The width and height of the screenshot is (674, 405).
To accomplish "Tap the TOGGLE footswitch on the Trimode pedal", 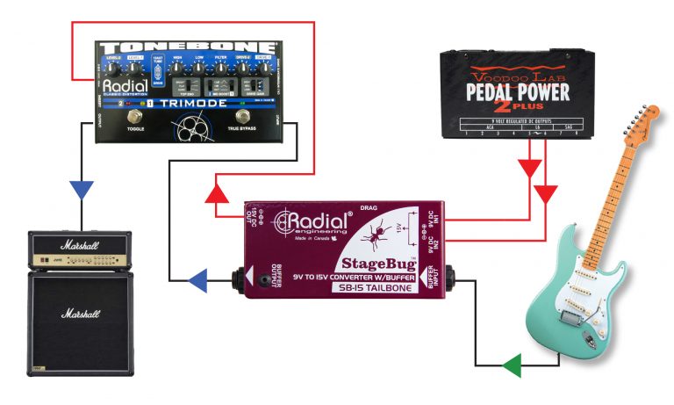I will [135, 119].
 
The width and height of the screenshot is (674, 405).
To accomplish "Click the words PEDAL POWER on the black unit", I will [518, 91].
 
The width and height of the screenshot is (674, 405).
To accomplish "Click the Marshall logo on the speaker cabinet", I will [80, 313].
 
